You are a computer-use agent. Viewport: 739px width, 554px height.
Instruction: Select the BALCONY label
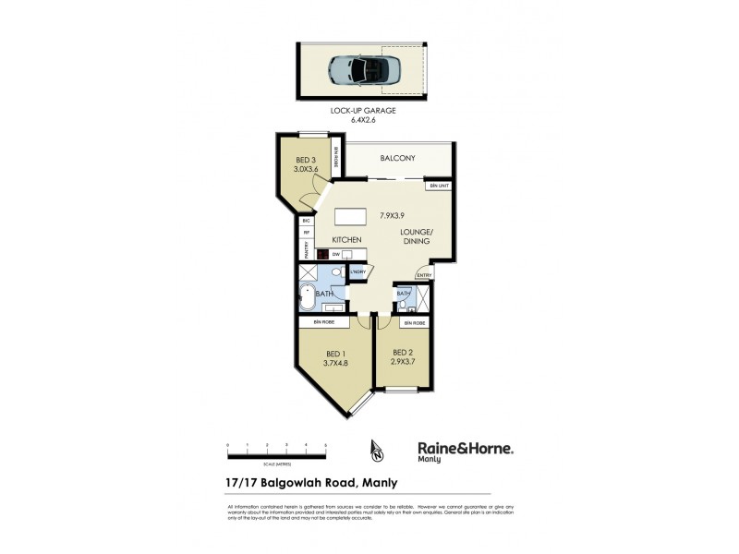pyautogui.click(x=395, y=159)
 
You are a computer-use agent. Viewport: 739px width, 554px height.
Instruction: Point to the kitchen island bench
pyautogui.click(x=351, y=217)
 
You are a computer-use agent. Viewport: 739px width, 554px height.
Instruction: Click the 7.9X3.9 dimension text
pyautogui.click(x=394, y=215)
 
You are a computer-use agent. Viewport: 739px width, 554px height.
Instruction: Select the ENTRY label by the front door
pyautogui.click(x=424, y=274)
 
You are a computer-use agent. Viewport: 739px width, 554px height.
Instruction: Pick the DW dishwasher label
pyautogui.click(x=336, y=254)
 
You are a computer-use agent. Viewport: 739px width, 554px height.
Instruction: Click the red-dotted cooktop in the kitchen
pyautogui.click(x=322, y=254)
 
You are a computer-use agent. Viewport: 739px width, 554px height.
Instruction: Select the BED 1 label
pyautogui.click(x=336, y=354)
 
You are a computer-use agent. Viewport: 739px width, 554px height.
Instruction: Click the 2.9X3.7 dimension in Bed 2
pyautogui.click(x=403, y=362)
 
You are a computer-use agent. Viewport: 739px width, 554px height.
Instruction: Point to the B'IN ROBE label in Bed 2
pyautogui.click(x=413, y=323)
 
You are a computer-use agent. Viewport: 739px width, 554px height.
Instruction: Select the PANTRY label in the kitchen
pyautogui.click(x=305, y=251)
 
